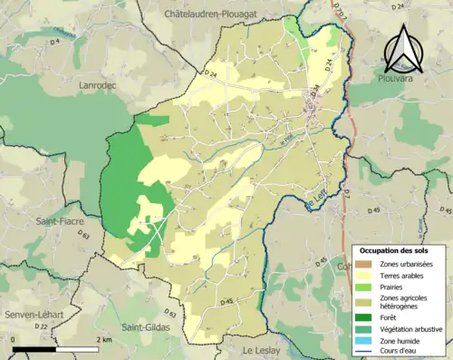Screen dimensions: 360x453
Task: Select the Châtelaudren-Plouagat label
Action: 218,15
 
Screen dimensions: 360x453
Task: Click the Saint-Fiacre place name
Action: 55,220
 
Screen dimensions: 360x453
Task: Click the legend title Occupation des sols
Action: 395,250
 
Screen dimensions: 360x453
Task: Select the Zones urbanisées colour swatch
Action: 364,263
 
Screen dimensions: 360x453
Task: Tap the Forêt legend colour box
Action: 364,316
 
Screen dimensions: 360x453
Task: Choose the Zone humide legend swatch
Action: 364,340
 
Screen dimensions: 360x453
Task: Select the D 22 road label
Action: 41,326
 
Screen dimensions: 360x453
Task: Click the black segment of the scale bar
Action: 34,346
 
